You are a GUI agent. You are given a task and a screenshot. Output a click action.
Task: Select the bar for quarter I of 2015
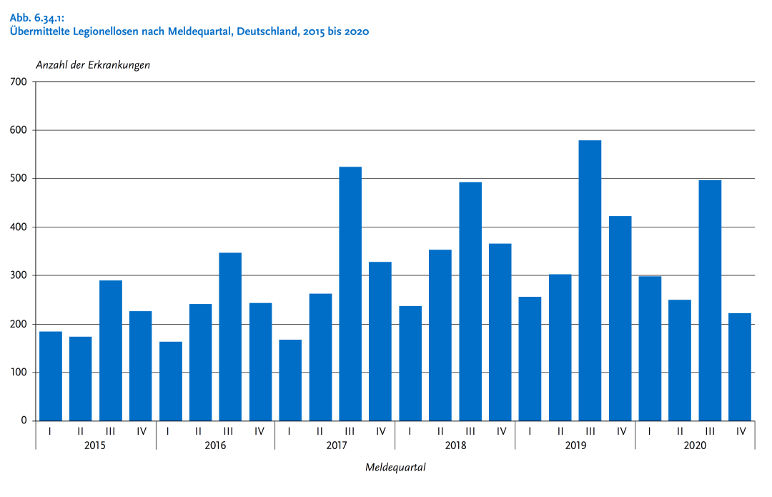[x=51, y=376]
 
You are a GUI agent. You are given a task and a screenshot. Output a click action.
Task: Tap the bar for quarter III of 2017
[x=350, y=293]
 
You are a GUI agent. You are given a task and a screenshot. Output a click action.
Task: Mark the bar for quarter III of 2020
[x=710, y=300]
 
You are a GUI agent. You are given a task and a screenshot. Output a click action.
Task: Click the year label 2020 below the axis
[x=695, y=446]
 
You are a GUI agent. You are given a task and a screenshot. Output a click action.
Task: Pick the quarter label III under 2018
[x=470, y=431]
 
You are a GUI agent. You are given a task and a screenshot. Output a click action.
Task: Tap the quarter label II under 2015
[x=81, y=431]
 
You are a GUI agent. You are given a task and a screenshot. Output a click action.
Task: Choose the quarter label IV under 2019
[x=620, y=431]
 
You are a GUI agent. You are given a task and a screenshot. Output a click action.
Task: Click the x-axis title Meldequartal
[x=395, y=468]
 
